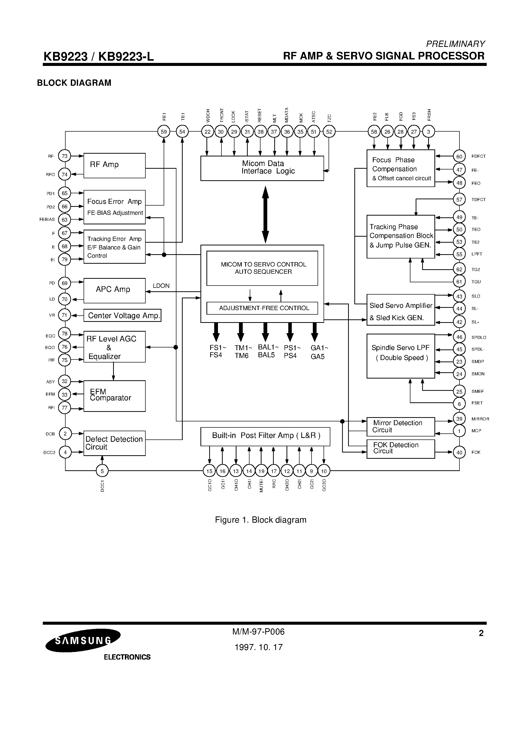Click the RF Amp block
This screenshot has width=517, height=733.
114,165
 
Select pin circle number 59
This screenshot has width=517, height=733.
164,132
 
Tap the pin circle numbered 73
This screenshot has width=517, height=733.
65,156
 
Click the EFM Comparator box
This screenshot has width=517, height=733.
114,396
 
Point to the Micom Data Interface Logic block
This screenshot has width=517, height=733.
262,168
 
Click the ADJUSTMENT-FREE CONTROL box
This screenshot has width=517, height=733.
262,308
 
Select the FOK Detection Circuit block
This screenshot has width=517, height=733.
401,449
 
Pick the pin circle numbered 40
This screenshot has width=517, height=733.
459,452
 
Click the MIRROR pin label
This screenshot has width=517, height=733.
480,419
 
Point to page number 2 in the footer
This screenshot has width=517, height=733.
481,633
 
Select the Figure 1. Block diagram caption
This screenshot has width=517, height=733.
261,520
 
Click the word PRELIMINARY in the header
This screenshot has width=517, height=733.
455,44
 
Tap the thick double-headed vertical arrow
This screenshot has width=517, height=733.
265,215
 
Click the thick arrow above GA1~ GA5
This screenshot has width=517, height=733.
315,332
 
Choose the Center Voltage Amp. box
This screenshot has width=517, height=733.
122,315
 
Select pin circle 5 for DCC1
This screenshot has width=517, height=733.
102,471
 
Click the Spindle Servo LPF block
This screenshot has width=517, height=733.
401,356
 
